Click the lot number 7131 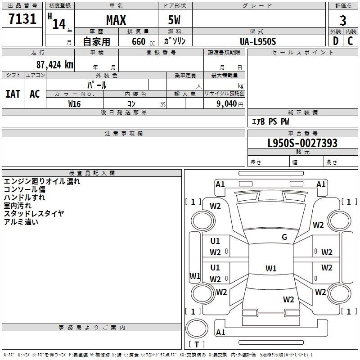(x=22, y=20)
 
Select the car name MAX (x=116, y=20)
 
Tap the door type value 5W (x=175, y=20)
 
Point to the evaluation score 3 (x=343, y=20)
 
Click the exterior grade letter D (x=335, y=41)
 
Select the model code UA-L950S (x=258, y=41)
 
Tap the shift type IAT (x=13, y=94)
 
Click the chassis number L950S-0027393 (x=302, y=144)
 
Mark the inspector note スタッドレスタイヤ (x=34, y=213)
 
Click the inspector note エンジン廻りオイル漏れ (x=41, y=181)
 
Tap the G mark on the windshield (x=284, y=237)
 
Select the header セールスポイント (x=303, y=53)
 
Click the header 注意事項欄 (x=123, y=134)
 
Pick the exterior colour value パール (x=97, y=85)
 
